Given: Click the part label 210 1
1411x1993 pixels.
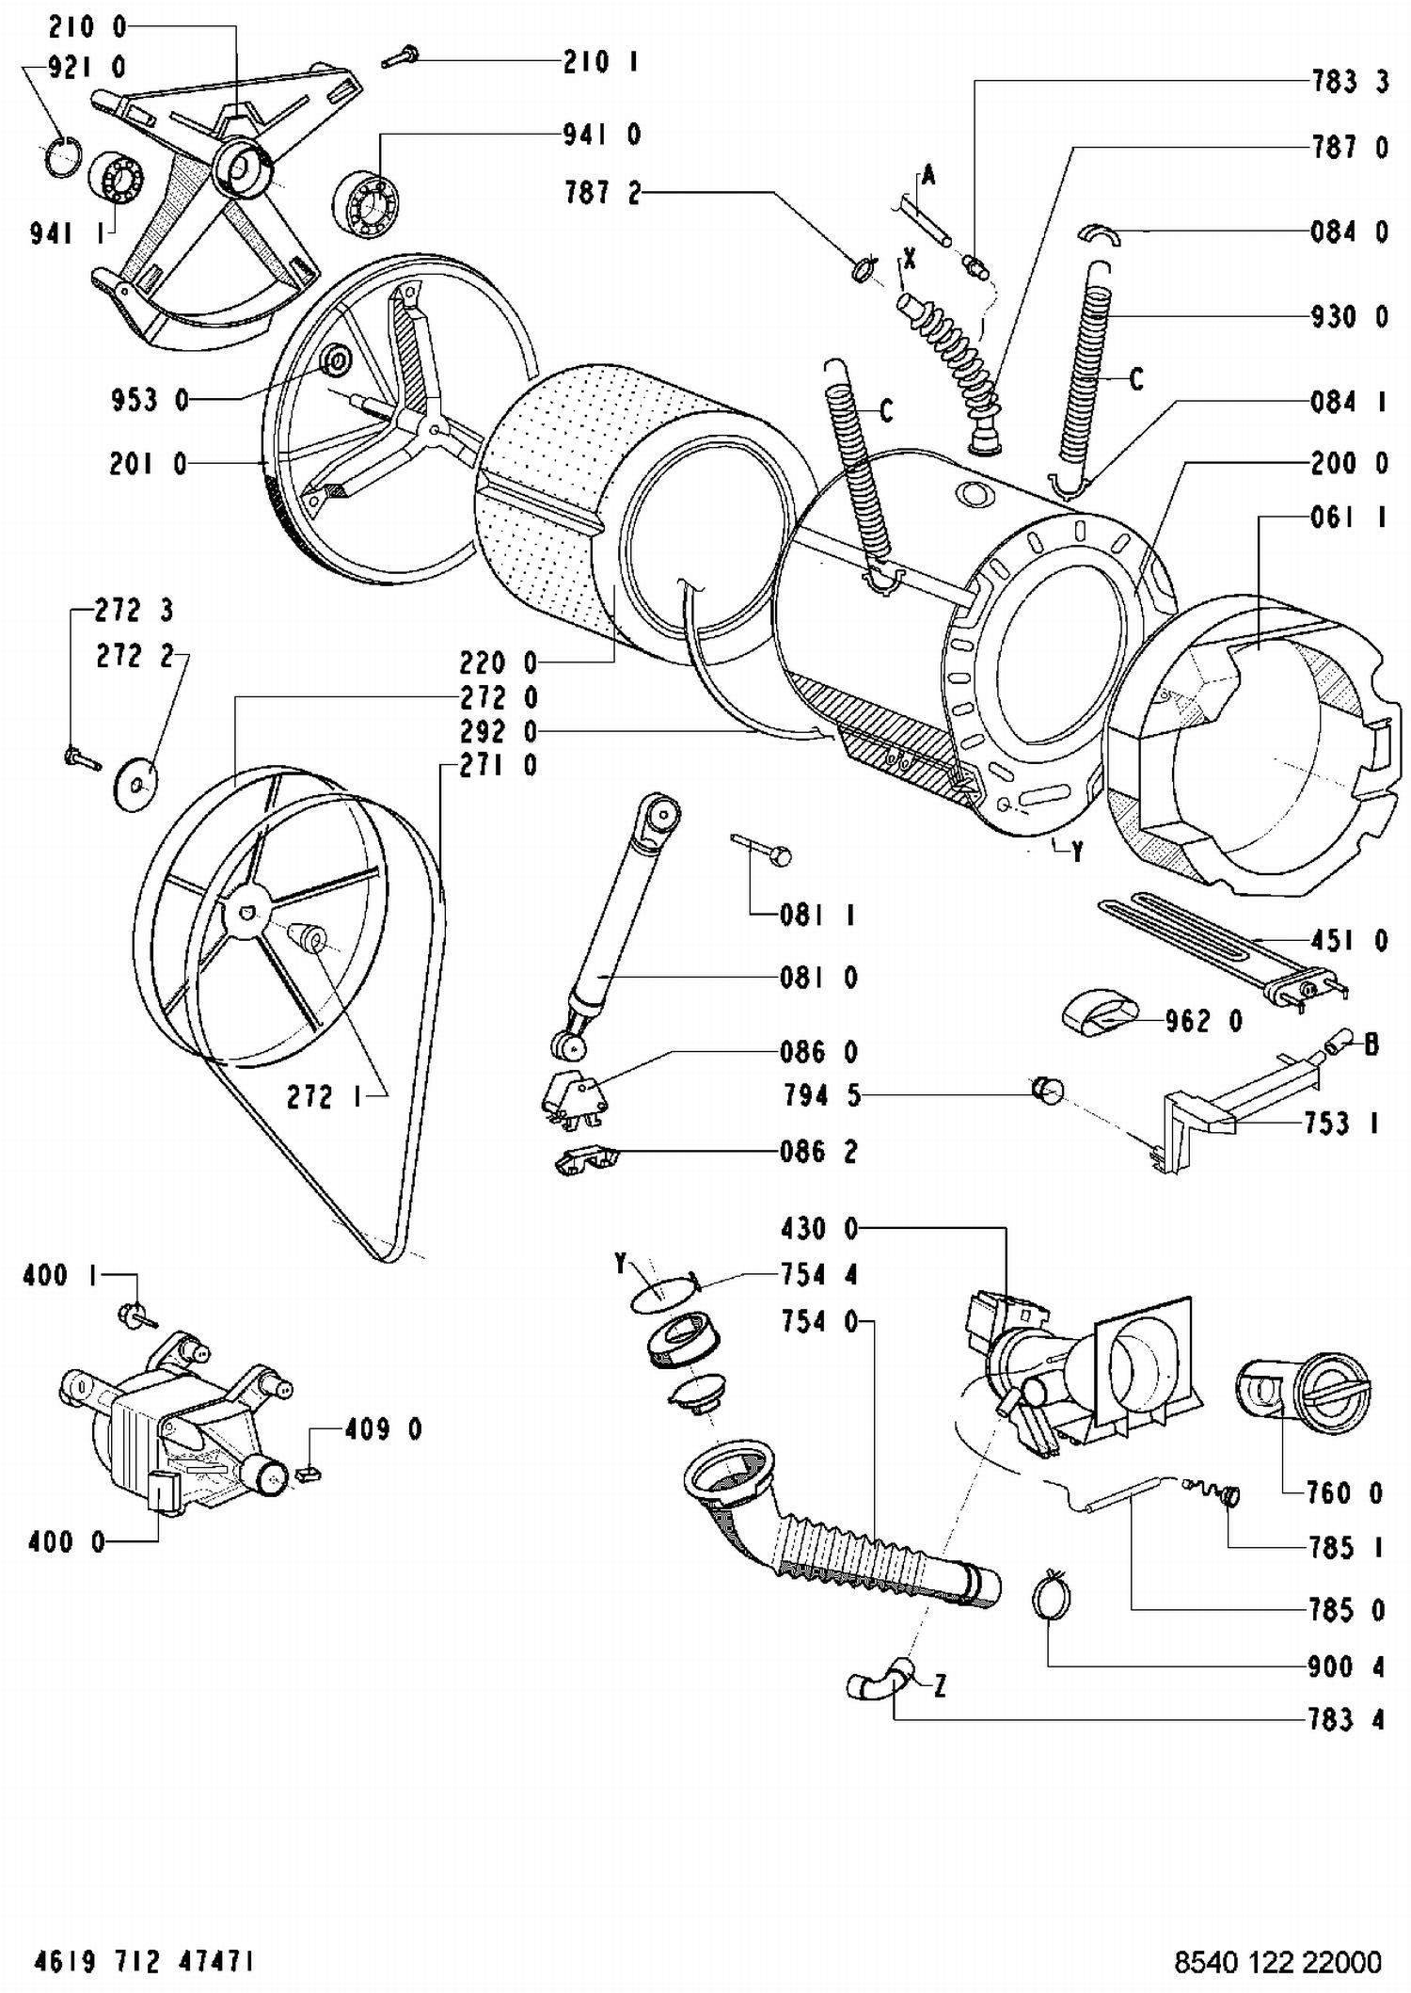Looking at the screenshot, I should click(x=600, y=62).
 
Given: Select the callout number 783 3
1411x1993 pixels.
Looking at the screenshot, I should click(x=1350, y=82).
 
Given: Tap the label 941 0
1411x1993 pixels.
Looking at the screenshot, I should click(x=601, y=135).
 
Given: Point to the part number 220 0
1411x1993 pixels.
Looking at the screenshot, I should click(x=498, y=663).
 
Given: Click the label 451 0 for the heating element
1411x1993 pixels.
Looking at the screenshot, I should click(x=1349, y=940).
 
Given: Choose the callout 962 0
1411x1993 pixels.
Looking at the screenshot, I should click(x=1203, y=1021).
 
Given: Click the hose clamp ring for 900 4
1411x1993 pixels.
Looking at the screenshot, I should click(x=1050, y=1596).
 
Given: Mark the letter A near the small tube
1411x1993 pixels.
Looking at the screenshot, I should click(x=928, y=175).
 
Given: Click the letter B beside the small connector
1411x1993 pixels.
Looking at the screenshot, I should click(x=1371, y=1044).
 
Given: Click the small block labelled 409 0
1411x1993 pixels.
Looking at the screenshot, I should click(x=307, y=1473).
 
